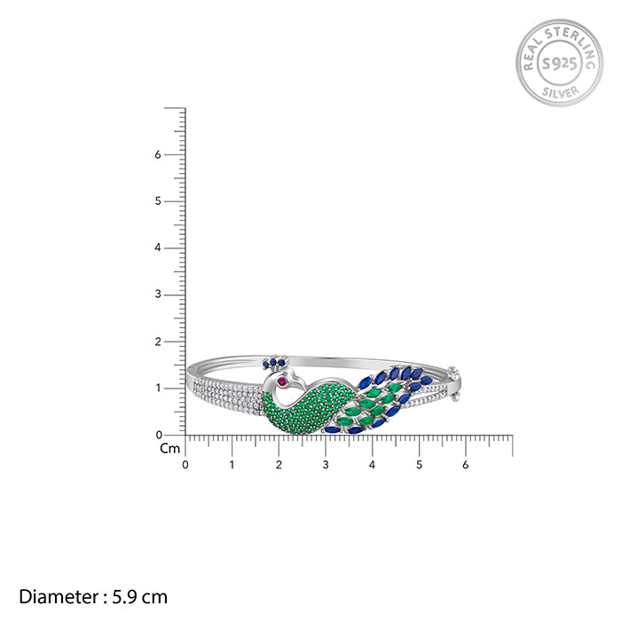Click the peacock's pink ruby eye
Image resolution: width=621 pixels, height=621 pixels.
pos(282,381)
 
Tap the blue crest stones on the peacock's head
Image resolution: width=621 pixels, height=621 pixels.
pos(274,362)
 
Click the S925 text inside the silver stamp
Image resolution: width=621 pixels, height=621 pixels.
pos(559,63)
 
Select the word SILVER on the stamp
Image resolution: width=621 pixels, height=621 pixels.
pos(560,92)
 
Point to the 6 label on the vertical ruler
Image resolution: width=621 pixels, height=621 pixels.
pos(158,154)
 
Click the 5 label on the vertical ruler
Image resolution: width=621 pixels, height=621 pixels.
pos(158,201)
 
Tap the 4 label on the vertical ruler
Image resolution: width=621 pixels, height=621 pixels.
pos(158,248)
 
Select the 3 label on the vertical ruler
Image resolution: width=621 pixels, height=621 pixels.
pos(158,295)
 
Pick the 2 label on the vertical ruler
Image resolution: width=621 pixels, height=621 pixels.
pos(158,342)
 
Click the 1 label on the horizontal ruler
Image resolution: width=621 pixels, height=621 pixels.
pos(232,465)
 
